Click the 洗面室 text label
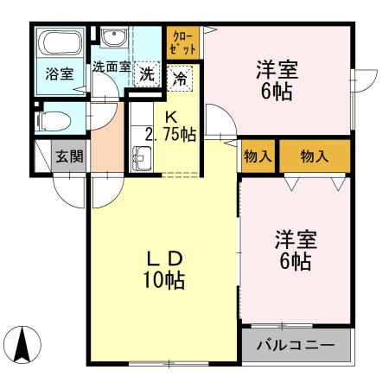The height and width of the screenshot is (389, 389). [x=112, y=66]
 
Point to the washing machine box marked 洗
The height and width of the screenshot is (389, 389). [x=149, y=74]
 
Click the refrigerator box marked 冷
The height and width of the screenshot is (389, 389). [x=182, y=77]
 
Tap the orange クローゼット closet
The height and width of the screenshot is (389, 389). [x=183, y=42]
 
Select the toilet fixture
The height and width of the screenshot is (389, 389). [x=54, y=118]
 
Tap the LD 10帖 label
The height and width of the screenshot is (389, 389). [x=163, y=268]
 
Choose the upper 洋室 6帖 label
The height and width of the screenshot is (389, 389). [x=277, y=78]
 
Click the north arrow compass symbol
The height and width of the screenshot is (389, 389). [x=25, y=347]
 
